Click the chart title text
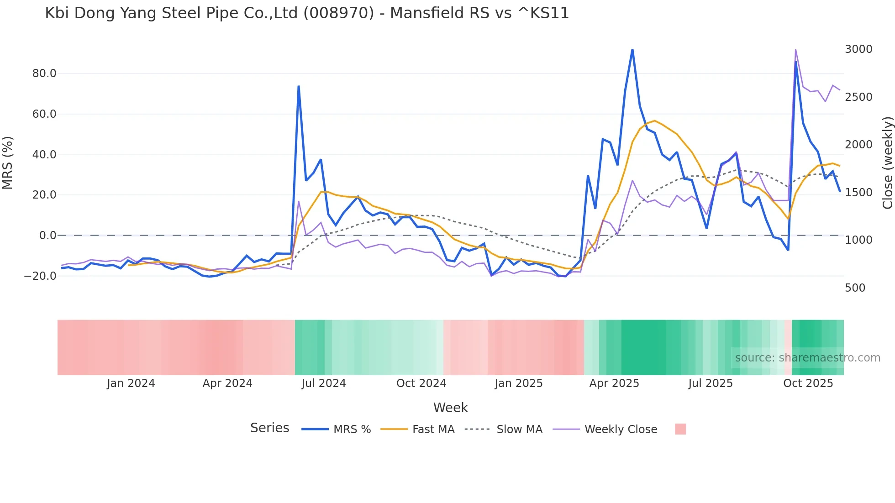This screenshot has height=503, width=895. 307,13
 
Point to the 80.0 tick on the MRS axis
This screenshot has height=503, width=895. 44,73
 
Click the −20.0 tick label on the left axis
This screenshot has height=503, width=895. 40,276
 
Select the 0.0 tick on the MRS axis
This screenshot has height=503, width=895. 47,236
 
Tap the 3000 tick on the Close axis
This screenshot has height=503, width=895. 858,49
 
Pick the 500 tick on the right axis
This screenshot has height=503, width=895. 855,288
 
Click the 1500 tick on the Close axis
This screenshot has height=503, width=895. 858,193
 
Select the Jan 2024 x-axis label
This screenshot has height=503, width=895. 131,383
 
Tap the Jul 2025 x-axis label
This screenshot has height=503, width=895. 711,383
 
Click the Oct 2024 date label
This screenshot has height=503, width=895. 421,383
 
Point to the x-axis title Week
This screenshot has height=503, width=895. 450,408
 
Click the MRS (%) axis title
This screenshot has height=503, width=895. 8,162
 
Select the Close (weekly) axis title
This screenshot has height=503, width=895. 887,162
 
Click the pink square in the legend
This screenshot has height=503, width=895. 680,429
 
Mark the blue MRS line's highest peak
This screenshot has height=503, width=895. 632,49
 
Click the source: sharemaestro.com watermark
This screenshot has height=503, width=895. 807,358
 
